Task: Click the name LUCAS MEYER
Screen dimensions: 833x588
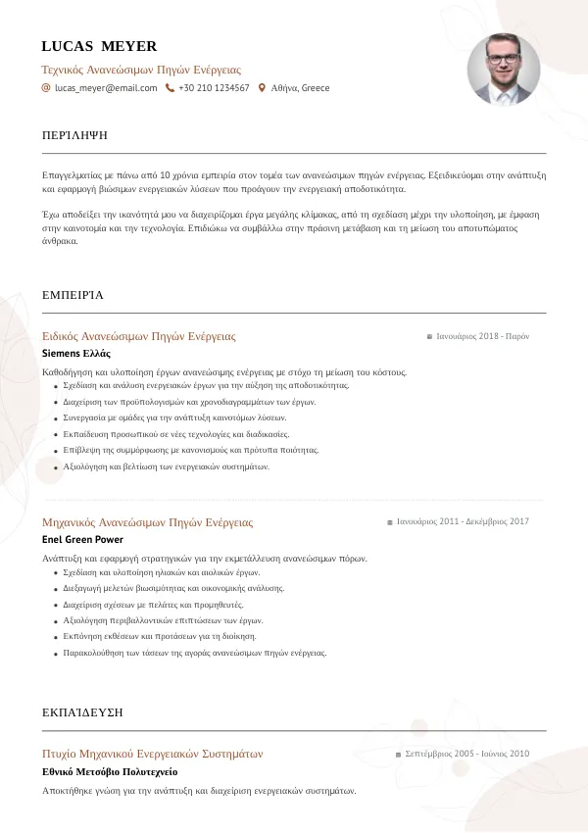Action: (x=99, y=46)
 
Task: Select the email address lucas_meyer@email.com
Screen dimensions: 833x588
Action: (x=106, y=88)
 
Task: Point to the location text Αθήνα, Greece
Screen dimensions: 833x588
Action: (x=300, y=88)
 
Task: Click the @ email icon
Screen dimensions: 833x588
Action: (x=46, y=88)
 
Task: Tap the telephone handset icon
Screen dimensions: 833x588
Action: (x=170, y=88)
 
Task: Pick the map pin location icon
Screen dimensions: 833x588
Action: (x=262, y=88)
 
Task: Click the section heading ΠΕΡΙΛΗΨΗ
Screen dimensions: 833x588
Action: (x=75, y=134)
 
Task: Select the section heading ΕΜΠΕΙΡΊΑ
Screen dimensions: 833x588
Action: (x=73, y=294)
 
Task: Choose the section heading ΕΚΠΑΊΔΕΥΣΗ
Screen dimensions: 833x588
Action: (x=82, y=711)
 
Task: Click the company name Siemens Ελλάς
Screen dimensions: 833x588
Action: (x=76, y=353)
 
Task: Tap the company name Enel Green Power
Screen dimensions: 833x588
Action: (x=82, y=539)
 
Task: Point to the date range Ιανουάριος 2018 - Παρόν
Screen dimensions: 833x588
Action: (x=482, y=336)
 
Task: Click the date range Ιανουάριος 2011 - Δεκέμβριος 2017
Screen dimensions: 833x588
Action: (x=463, y=522)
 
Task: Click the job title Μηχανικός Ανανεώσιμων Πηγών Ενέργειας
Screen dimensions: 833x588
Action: (x=148, y=522)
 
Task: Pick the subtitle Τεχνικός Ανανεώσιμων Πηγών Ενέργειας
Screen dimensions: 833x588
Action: (x=141, y=70)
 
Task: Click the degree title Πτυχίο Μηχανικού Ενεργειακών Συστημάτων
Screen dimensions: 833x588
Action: (x=153, y=754)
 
